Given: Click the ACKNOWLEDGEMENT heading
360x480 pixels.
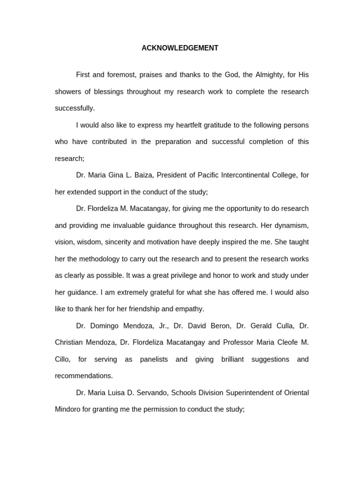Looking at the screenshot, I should [180, 48].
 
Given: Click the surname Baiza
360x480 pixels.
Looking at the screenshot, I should [144, 175].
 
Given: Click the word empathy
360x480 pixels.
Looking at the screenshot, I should [189, 309].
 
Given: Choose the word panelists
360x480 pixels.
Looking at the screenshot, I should [147, 359].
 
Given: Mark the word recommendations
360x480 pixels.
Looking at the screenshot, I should [83, 376].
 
